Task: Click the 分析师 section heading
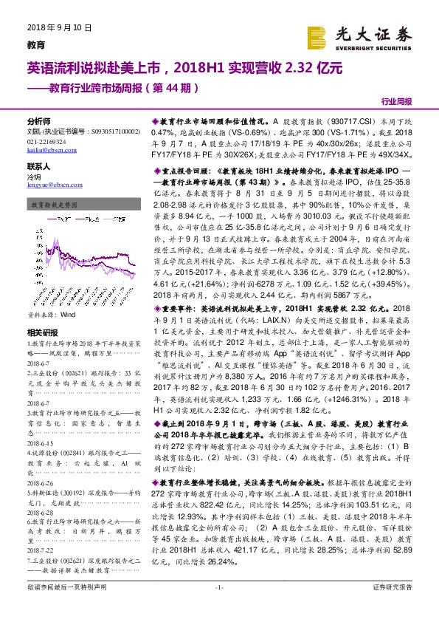tap(39, 120)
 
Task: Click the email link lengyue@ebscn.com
tap(49, 188)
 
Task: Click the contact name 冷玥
tap(34, 179)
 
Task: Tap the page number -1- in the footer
tap(219, 607)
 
